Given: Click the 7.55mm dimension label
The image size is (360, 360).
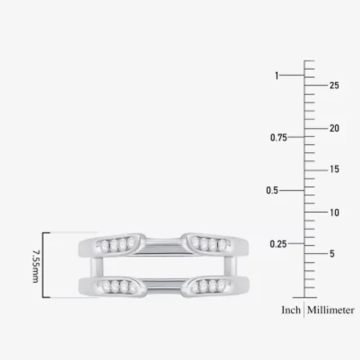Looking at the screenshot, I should (x=35, y=265).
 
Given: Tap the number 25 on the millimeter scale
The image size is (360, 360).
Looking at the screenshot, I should (x=334, y=85).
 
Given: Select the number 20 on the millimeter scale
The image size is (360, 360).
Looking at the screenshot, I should (x=334, y=128).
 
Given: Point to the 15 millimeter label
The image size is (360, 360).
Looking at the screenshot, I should (x=334, y=170).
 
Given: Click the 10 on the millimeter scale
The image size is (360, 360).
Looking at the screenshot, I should (x=334, y=212).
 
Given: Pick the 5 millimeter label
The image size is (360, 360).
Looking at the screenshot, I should (x=332, y=254).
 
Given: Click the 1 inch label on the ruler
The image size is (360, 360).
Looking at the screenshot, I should (x=277, y=76).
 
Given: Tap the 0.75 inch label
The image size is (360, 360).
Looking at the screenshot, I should (x=279, y=138).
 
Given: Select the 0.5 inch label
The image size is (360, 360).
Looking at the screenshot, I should (x=272, y=190).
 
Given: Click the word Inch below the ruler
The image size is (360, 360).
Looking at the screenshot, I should (x=291, y=310).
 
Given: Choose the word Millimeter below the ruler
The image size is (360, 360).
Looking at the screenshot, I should (x=331, y=310).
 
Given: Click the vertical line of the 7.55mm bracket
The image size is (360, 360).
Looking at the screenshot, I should (x=43, y=265).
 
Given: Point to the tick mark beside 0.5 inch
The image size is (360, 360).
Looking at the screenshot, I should (x=295, y=190).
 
